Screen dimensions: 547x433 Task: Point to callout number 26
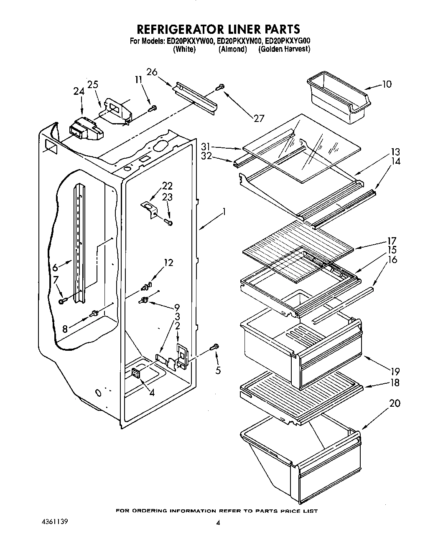point(152,72)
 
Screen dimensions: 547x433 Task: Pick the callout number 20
point(394,403)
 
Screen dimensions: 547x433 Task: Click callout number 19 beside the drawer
point(395,371)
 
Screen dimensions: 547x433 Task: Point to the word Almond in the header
point(232,49)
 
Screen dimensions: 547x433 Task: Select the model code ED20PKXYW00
point(190,41)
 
